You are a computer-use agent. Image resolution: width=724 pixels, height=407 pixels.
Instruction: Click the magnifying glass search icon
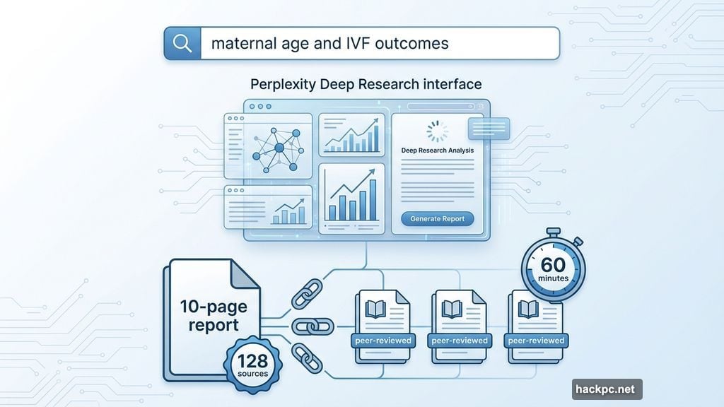[x=182, y=43]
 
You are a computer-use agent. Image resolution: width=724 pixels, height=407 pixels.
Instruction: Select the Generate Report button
[x=437, y=219]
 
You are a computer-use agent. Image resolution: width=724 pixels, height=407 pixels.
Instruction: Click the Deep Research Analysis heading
[x=437, y=151]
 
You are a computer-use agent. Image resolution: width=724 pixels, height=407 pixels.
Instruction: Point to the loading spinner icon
[x=437, y=131]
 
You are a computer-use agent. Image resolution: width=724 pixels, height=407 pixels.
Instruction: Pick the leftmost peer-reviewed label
[x=382, y=341]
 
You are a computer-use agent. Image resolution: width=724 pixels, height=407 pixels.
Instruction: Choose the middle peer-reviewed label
[x=459, y=341]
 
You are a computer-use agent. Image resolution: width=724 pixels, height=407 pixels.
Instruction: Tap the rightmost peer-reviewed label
[x=536, y=341]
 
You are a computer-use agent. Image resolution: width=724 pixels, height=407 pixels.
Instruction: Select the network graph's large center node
[x=279, y=148]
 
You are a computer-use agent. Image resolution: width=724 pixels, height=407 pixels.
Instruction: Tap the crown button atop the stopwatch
[x=554, y=232]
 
